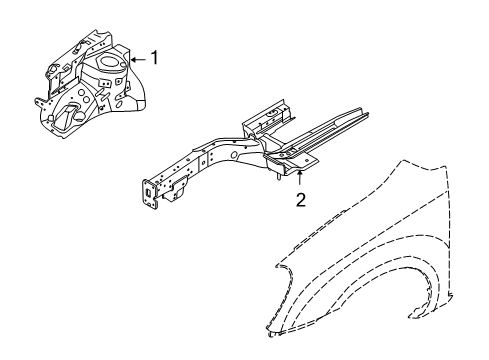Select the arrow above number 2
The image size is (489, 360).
click(x=299, y=177)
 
